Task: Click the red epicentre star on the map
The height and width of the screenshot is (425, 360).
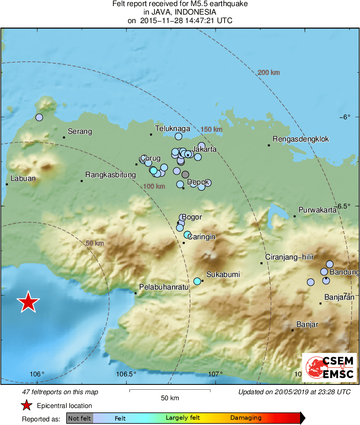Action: point(28,302)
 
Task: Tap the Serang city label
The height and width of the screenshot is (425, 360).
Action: point(79,131)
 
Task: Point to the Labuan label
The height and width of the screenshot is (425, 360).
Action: point(23,178)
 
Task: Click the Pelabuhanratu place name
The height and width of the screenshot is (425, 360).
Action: point(164,287)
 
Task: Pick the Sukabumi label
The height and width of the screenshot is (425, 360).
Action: point(223,275)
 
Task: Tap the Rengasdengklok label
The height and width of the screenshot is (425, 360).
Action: point(300,140)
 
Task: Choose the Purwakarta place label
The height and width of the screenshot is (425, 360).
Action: point(317,210)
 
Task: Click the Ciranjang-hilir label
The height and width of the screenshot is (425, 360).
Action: point(289,257)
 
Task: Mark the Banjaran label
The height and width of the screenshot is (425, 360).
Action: point(339,297)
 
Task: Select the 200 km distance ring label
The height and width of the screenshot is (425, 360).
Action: point(269,73)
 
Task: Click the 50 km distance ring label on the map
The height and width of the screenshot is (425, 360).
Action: point(95,243)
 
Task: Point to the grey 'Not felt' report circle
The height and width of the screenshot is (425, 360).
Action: point(185,174)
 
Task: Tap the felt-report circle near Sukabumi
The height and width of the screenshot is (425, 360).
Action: point(197,281)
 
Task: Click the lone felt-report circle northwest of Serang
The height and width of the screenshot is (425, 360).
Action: point(39,118)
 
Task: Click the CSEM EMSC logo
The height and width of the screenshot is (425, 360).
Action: point(330,367)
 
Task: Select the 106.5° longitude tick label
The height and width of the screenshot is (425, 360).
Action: point(126,374)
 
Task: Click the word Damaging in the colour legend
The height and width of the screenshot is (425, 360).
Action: point(246,418)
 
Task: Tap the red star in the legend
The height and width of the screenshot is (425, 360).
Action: point(26,406)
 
